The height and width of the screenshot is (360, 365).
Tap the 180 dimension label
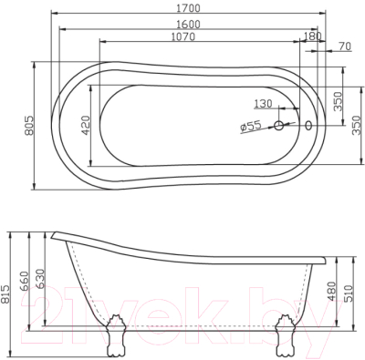click(316, 36)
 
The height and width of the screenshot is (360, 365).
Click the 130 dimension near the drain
click(263, 103)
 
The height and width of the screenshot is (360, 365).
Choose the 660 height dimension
click(26, 273)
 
